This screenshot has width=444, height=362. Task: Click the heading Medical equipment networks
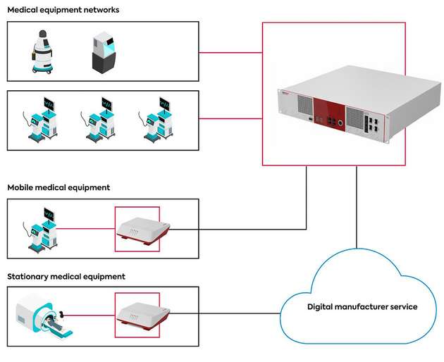tap(63, 10)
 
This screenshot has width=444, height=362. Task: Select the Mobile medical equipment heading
tap(58, 187)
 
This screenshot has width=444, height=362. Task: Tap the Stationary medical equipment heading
tap(66, 277)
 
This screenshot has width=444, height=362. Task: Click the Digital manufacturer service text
tap(362, 307)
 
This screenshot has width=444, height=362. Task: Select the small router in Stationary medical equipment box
tap(142, 314)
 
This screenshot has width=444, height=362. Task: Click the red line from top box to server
tap(230, 52)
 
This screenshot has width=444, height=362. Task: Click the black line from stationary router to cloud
tap(226, 313)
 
